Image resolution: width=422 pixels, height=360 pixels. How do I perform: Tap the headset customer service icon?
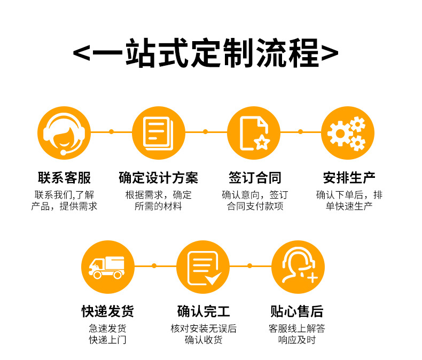click(64, 133)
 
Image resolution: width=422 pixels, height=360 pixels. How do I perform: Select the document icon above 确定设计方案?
click(158, 133)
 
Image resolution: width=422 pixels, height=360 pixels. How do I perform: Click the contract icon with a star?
click(253, 133)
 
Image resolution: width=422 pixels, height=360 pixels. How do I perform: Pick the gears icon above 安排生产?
click(347, 133)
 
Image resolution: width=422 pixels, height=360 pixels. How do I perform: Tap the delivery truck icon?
click(107, 267)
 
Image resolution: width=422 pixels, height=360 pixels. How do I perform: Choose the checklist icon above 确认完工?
click(202, 267)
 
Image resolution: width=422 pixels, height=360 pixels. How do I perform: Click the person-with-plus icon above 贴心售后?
click(298, 267)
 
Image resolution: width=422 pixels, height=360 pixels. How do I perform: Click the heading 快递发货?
click(107, 311)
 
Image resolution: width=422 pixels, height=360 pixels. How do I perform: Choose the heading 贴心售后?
click(297, 311)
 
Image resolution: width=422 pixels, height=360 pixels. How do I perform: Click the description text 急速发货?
click(107, 328)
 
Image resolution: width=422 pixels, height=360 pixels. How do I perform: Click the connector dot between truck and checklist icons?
click(154, 265)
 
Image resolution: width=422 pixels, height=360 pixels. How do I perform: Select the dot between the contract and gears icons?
click(300, 131)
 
